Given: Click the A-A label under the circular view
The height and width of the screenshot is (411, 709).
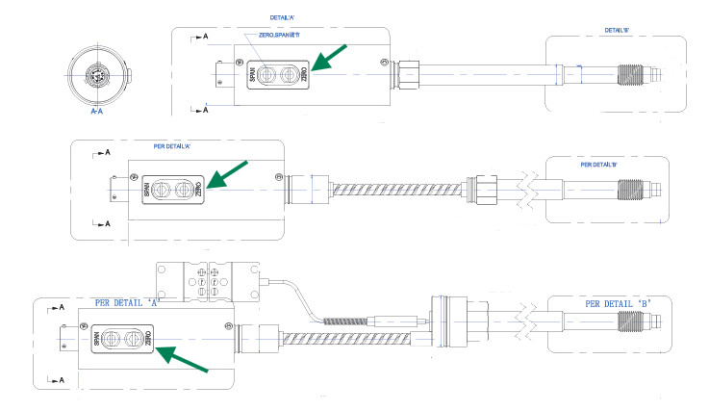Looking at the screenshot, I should (x=96, y=112).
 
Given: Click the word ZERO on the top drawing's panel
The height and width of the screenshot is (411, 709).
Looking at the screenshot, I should (x=305, y=73).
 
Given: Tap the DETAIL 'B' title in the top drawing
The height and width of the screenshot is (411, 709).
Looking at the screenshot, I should (x=617, y=30).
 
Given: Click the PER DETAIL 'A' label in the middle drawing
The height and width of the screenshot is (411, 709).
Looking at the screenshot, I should (x=178, y=146).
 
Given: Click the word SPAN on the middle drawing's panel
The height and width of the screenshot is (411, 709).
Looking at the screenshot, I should (x=147, y=188).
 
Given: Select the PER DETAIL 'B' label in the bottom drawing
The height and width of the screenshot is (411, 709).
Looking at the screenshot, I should (x=619, y=303).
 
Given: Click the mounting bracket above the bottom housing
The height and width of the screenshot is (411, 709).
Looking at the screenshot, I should (x=208, y=279).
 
